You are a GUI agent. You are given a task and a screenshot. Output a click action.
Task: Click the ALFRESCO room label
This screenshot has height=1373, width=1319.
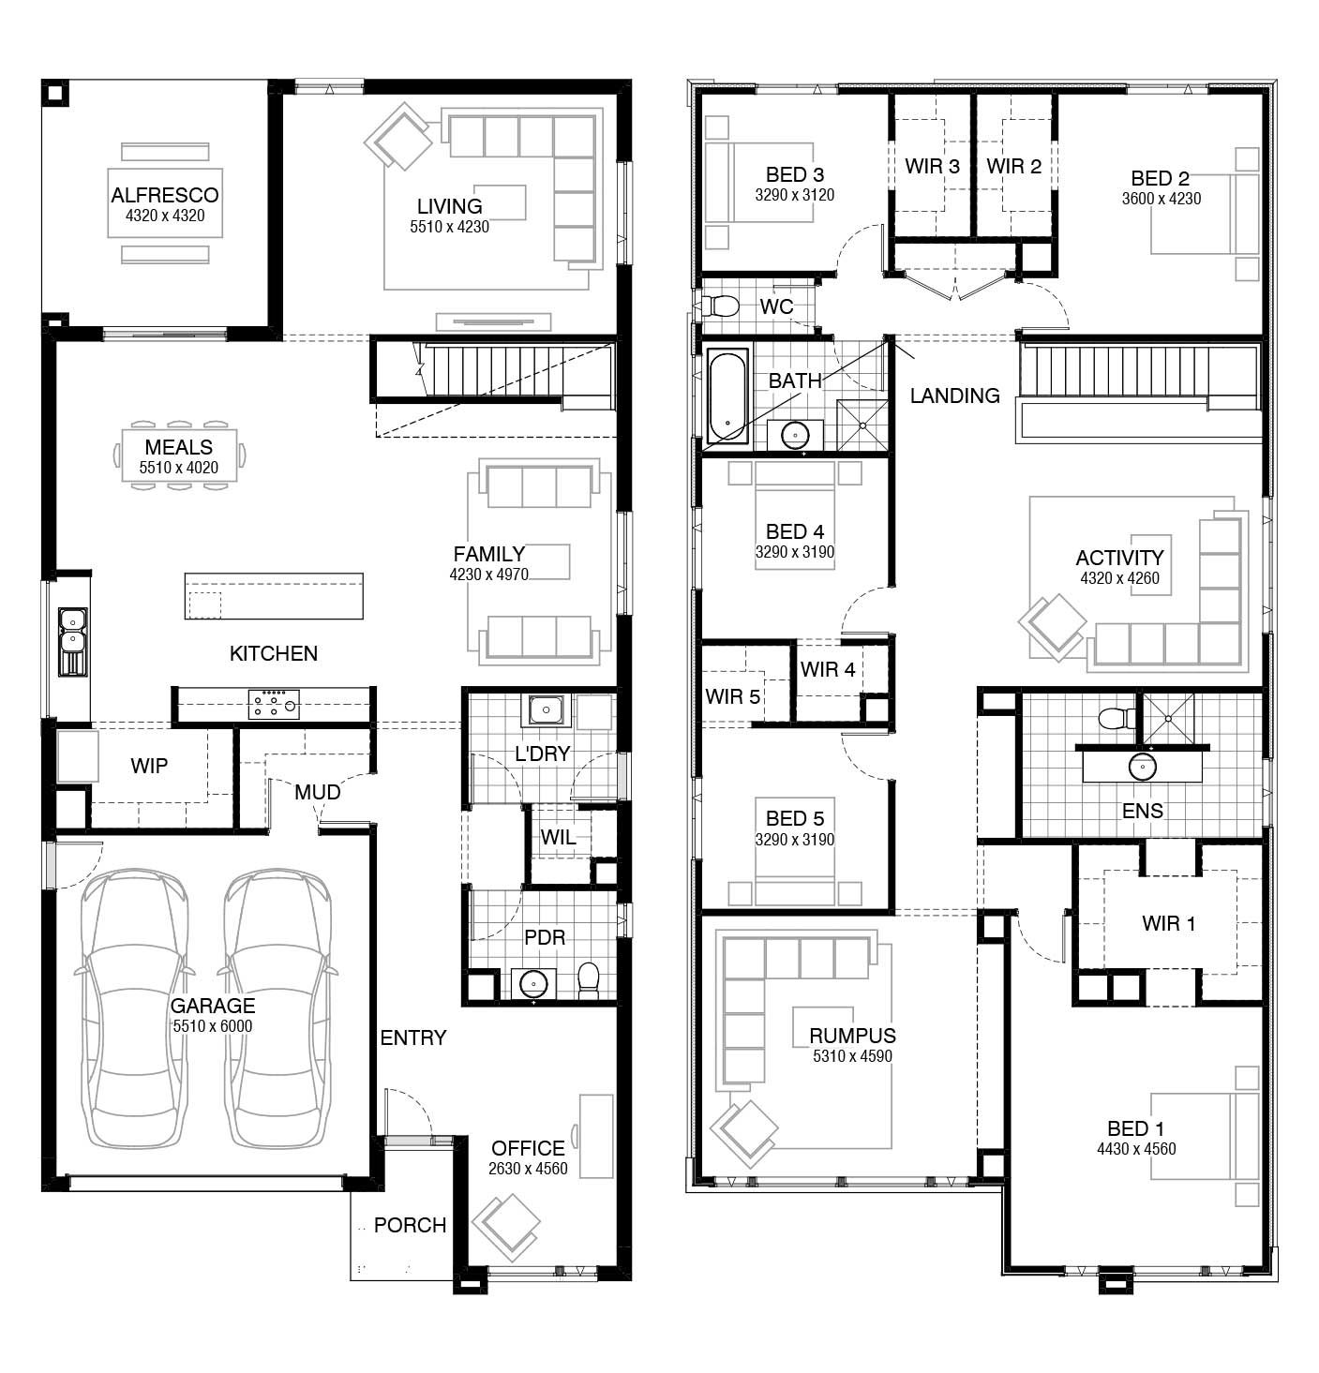coord(164,195)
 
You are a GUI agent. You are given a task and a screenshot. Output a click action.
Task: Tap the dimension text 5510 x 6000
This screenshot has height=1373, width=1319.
coord(212,1026)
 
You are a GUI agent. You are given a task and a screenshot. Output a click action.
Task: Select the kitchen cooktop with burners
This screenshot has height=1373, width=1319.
coord(273,704)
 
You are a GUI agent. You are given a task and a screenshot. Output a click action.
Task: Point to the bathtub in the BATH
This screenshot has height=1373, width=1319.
coord(727,396)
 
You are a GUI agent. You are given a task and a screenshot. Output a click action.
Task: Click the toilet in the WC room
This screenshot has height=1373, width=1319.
coord(722,306)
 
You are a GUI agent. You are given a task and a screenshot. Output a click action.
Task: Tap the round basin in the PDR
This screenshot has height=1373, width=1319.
coord(533,983)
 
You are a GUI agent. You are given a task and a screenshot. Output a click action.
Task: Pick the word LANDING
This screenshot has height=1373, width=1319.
coord(954,395)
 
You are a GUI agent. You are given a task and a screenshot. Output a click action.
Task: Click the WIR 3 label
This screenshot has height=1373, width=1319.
coord(932,167)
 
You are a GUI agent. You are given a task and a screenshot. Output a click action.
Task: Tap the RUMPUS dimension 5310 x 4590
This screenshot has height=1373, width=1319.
coord(852,1056)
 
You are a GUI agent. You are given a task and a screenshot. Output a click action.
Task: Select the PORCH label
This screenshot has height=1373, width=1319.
coord(410,1225)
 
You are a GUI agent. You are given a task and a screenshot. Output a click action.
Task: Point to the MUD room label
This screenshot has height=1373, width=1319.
coord(317,792)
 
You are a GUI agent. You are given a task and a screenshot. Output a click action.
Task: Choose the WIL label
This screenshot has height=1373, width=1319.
coord(558,837)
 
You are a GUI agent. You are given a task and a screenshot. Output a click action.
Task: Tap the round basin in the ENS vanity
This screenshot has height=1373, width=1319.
coord(1142,767)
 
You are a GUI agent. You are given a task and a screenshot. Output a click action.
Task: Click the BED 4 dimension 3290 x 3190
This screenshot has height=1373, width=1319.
coord(794,552)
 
